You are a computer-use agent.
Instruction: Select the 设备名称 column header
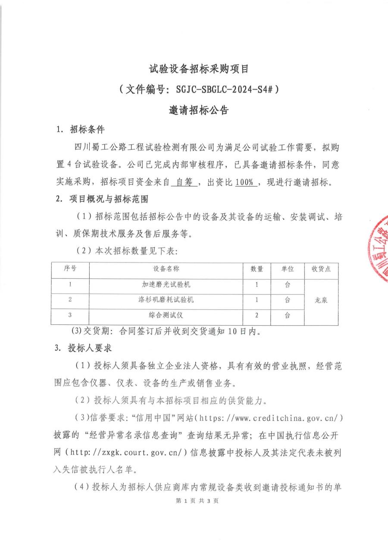click(x=166, y=269)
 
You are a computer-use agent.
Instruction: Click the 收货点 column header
click(x=321, y=269)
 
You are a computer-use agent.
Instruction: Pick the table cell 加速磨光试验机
click(x=166, y=285)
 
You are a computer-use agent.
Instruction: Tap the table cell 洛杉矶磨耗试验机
click(x=166, y=300)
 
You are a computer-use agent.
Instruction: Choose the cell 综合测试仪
click(x=166, y=315)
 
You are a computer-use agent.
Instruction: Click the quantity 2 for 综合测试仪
click(x=257, y=315)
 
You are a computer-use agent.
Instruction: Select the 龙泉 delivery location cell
click(x=321, y=300)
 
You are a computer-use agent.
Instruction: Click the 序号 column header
click(x=70, y=269)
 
